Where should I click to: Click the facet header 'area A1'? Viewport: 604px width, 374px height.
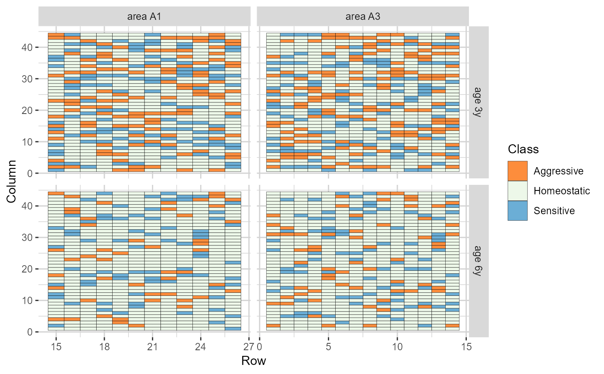point(144,17)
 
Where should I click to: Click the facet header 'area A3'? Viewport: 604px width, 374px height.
point(362,17)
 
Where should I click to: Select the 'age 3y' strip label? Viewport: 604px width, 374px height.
point(479,102)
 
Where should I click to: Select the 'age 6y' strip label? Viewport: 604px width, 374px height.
point(479,261)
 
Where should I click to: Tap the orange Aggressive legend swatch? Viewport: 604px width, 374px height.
point(517,171)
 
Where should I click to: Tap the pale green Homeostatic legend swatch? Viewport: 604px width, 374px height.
point(517,191)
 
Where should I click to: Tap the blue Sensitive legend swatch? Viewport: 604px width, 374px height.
point(517,211)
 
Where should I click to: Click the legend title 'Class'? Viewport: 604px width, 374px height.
point(523,149)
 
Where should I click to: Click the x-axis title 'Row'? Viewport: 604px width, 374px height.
point(254,361)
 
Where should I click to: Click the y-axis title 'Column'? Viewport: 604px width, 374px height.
point(12,181)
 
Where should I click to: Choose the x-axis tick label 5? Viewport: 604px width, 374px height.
point(328,347)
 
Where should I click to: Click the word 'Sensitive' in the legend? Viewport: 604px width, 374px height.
point(554,211)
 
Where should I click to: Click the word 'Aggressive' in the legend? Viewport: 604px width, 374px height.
point(558,171)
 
